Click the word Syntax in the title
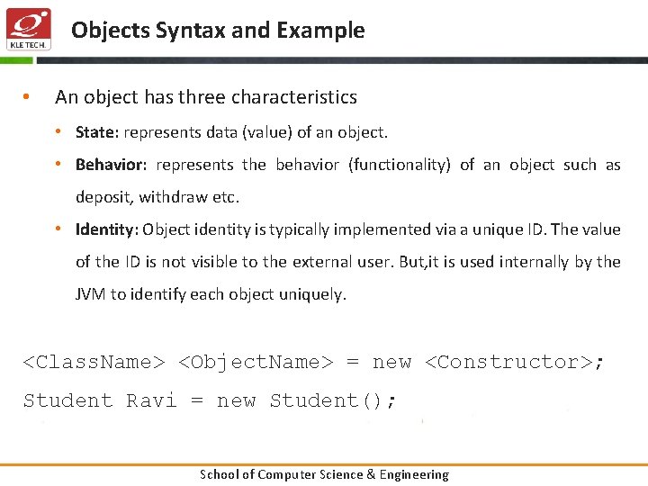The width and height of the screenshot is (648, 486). click(190, 31)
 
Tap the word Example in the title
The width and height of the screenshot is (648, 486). click(320, 31)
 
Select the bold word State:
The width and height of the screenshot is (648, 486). click(97, 132)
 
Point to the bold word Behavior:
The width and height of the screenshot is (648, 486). click(111, 165)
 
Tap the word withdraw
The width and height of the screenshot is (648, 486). click(180, 197)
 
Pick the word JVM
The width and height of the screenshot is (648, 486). click(90, 294)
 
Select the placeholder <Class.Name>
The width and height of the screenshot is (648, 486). click(94, 362)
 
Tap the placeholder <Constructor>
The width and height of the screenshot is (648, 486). click(509, 362)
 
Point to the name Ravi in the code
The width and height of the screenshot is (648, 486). click(151, 400)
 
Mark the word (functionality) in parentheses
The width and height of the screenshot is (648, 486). click(399, 165)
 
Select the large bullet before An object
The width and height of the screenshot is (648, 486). click(28, 97)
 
